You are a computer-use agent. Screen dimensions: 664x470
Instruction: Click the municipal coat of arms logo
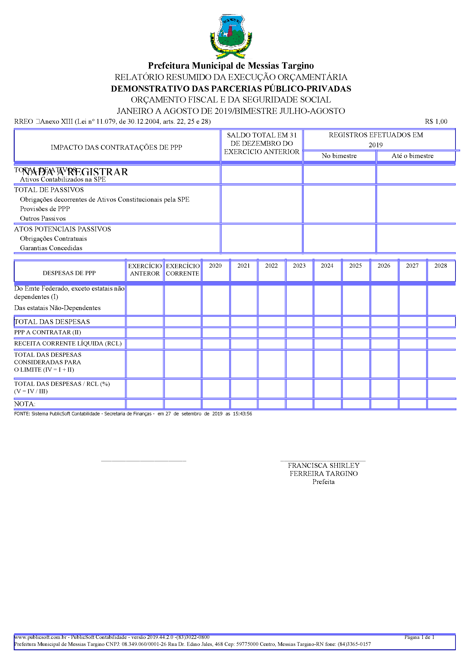coord(231,36)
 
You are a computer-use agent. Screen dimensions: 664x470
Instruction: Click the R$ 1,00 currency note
coord(436,121)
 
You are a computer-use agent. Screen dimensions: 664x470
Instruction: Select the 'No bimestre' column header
coord(339,156)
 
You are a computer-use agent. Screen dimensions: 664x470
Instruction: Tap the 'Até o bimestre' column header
coord(412,156)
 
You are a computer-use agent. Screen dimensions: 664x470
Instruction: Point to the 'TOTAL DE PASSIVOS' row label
coord(49,190)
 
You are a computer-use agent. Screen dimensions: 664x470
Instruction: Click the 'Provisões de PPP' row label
coord(45,209)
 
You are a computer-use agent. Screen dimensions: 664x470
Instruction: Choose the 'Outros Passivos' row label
coord(43,218)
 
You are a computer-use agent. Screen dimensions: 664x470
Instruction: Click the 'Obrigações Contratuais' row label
coord(53,239)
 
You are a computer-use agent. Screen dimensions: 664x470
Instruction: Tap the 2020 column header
coord(215,266)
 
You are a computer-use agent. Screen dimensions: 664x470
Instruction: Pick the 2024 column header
coord(327,266)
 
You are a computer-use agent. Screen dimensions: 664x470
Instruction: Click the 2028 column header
coord(441,266)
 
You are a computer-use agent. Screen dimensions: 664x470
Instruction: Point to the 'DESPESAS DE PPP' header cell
coord(69,273)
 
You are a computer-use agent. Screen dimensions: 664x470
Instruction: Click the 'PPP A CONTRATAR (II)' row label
coord(47,332)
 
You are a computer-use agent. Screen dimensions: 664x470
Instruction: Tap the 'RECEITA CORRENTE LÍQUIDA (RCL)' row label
coord(68,343)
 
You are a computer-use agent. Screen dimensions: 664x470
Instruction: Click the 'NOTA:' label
coord(25,404)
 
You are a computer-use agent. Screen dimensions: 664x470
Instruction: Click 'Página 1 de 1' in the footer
coord(419,637)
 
